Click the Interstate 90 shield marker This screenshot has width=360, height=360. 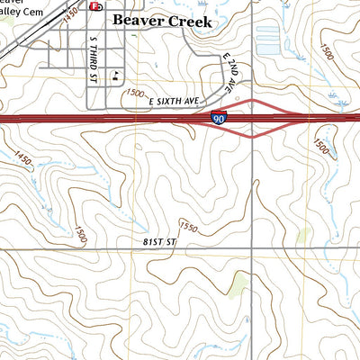coord(219,118)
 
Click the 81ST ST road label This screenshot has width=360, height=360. coord(157,243)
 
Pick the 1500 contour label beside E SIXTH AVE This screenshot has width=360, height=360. coord(135,94)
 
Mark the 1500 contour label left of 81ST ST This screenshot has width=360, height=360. coord(80,236)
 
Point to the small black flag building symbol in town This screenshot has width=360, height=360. coord(115,76)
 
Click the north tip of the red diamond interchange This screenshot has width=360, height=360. coord(252,100)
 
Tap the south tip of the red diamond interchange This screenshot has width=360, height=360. coord(252,138)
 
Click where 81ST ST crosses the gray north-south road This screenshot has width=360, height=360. coord(252,248)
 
